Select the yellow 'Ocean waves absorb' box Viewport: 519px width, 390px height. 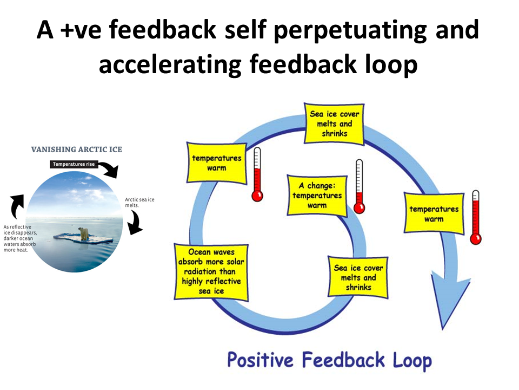[x=211, y=271]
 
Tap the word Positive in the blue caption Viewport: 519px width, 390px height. [x=261, y=360]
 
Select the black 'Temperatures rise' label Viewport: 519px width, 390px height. [x=75, y=164]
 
